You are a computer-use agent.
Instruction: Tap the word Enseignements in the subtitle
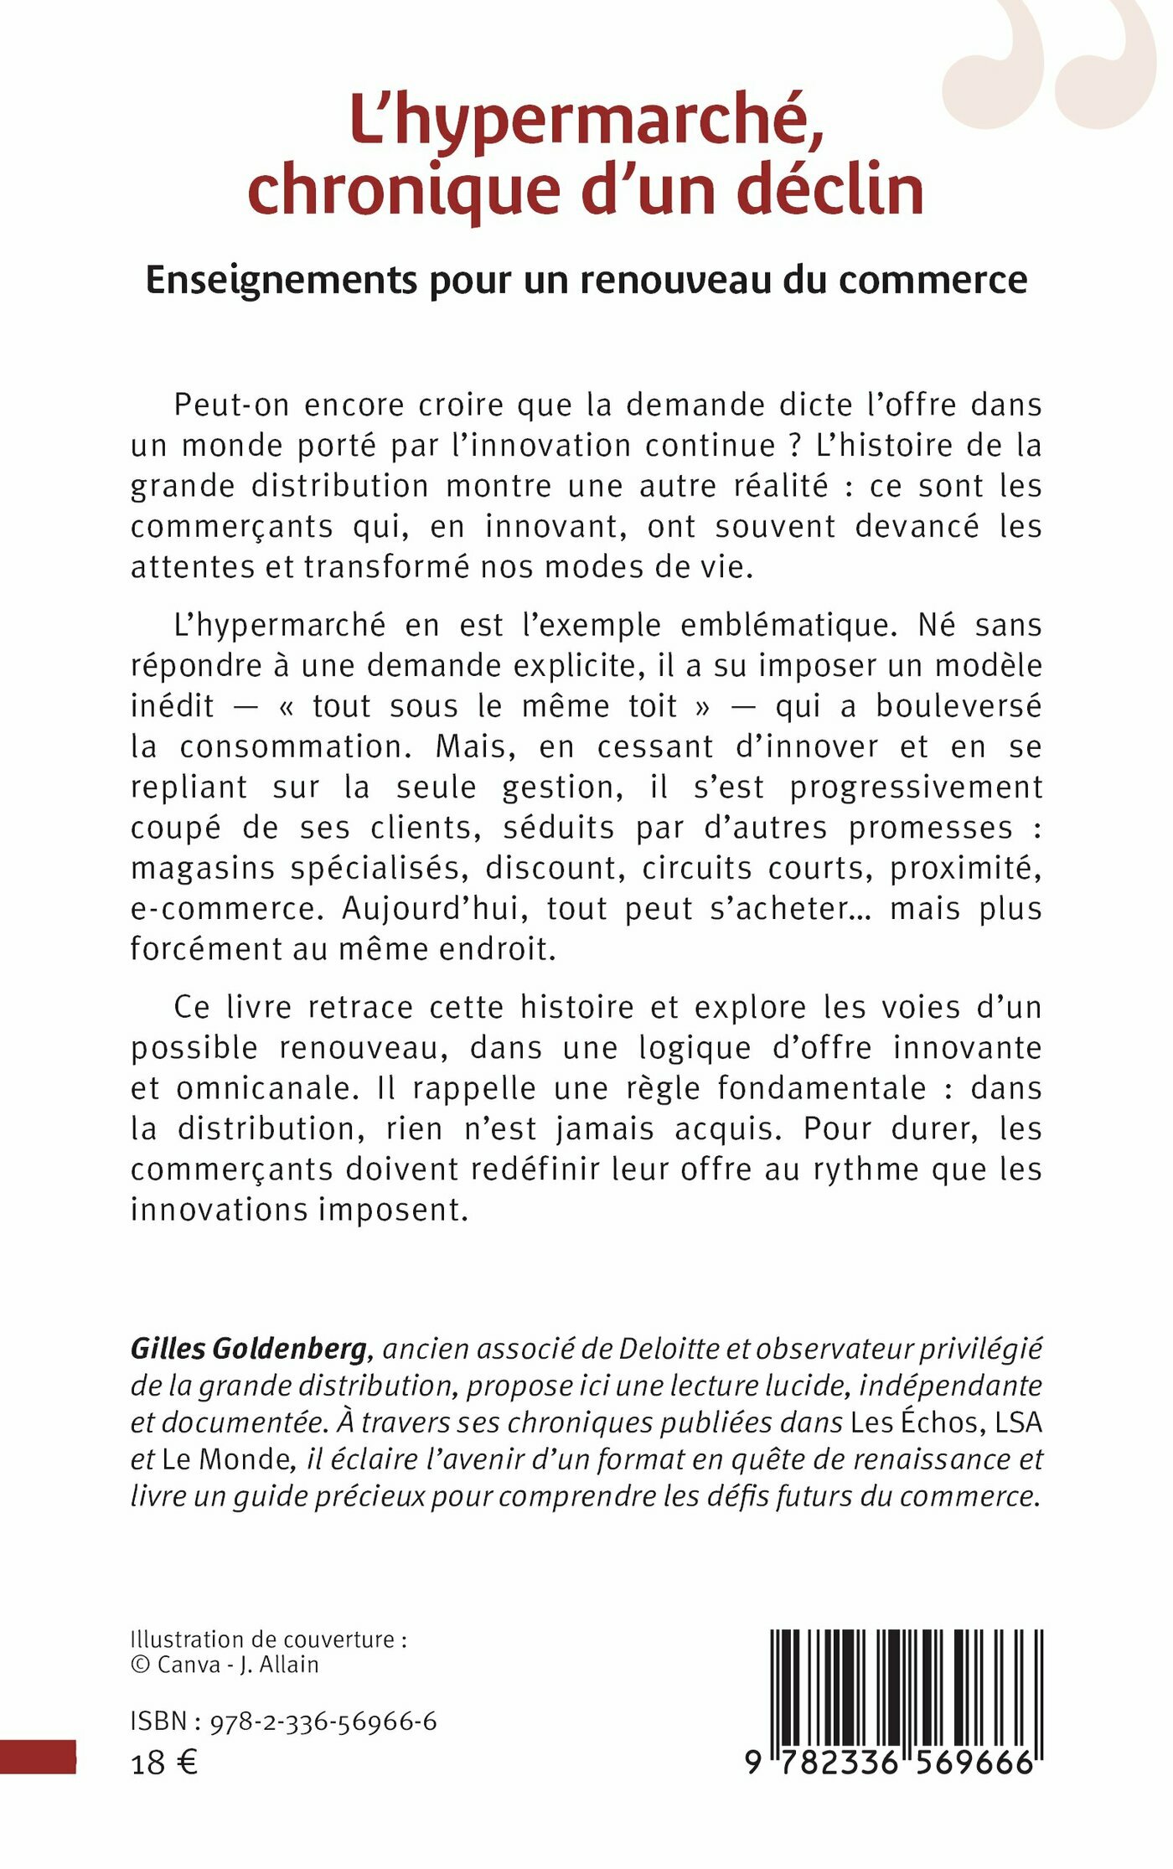[281, 281]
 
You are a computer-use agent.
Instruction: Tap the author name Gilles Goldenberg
[249, 1349]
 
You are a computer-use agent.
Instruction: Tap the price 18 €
[164, 1763]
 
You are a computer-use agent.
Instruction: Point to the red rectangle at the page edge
[38, 1756]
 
